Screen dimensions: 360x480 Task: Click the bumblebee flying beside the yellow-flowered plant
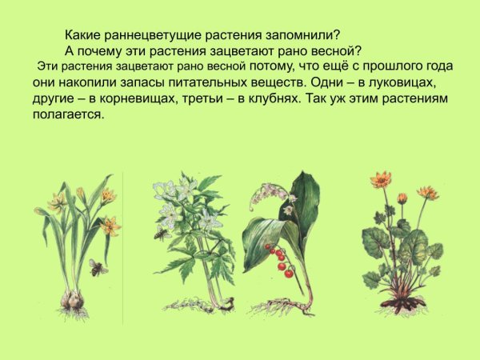click(98, 267)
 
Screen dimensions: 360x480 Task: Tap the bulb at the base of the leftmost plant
click(71, 301)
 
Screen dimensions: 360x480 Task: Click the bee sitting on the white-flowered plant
click(161, 234)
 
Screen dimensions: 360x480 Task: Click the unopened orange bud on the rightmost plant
click(402, 198)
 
